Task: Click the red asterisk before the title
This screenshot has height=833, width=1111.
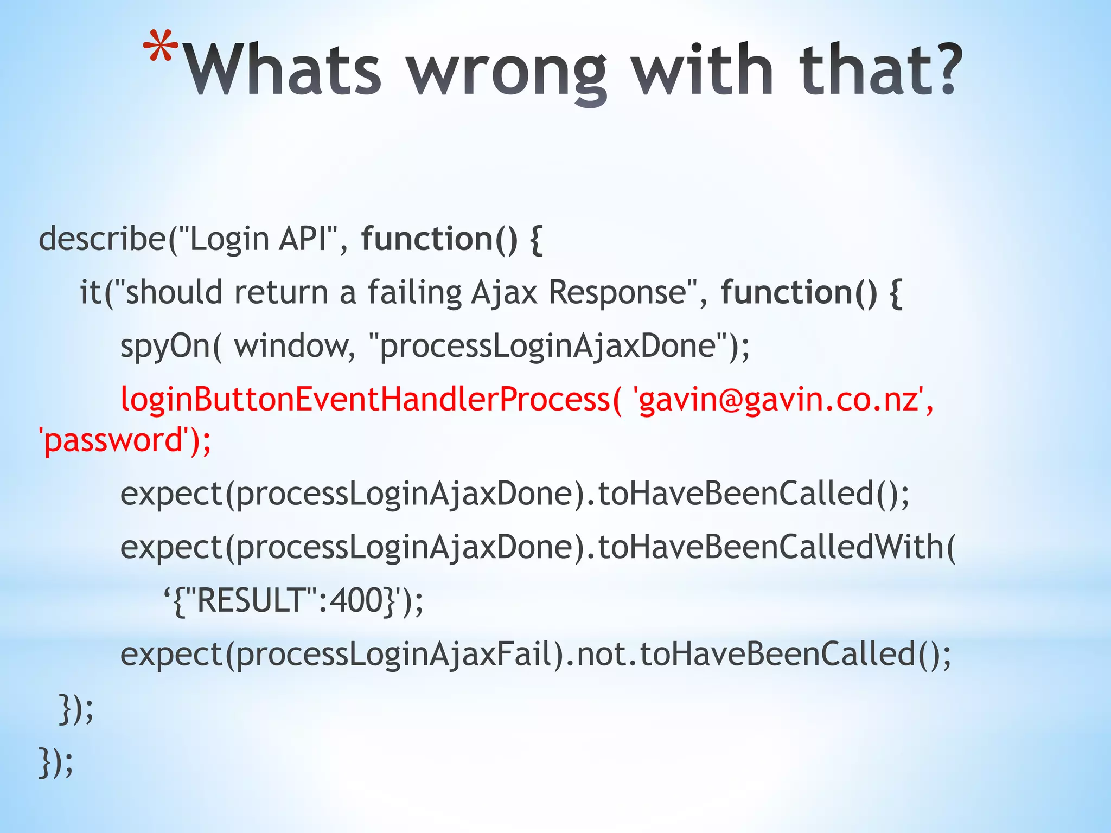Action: click(161, 48)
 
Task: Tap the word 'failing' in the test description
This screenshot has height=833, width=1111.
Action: click(414, 292)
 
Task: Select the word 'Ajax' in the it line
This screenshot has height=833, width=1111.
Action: click(504, 292)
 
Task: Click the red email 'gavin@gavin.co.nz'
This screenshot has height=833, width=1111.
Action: click(778, 399)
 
